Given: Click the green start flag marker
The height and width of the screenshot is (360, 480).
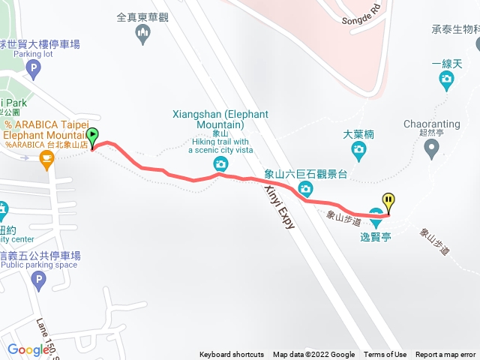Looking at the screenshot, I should (92, 137).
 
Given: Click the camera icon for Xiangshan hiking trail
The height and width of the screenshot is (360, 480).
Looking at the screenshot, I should (220, 164).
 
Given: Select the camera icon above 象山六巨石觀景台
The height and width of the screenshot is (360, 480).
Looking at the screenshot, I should (305, 191).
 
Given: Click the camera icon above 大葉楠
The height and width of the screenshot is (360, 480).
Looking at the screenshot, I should (358, 151).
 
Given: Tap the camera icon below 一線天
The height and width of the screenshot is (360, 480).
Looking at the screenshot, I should (447, 79).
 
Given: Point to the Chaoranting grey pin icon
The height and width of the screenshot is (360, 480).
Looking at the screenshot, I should (431, 151).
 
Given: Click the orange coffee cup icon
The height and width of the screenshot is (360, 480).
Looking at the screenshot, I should (46, 158).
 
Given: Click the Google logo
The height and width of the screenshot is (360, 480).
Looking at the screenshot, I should (28, 349).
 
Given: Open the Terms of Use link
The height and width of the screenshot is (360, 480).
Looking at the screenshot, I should (385, 355).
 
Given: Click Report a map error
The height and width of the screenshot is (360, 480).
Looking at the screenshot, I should (445, 355).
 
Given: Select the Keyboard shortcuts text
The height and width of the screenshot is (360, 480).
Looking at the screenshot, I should (232, 355).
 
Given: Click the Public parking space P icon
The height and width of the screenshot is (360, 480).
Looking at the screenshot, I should (39, 281).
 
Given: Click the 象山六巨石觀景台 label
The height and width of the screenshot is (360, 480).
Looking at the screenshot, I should (305, 175).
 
